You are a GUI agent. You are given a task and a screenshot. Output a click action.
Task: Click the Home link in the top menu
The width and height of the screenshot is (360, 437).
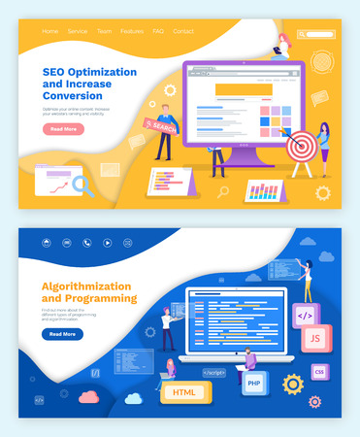49,31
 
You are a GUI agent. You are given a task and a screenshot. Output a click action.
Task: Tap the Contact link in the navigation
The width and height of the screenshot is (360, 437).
183,31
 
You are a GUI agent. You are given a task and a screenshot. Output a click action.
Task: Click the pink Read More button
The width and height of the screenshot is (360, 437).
64,128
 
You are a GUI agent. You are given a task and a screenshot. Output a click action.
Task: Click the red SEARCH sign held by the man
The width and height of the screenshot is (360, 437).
161,126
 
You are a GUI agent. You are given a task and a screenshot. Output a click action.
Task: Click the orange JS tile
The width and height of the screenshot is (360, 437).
314,338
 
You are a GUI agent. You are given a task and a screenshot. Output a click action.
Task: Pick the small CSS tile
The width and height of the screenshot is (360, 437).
319,371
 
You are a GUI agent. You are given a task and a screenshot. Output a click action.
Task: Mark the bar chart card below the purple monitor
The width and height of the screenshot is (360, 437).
262,189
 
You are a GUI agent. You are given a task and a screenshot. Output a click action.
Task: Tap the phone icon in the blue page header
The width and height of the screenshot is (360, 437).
86,243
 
